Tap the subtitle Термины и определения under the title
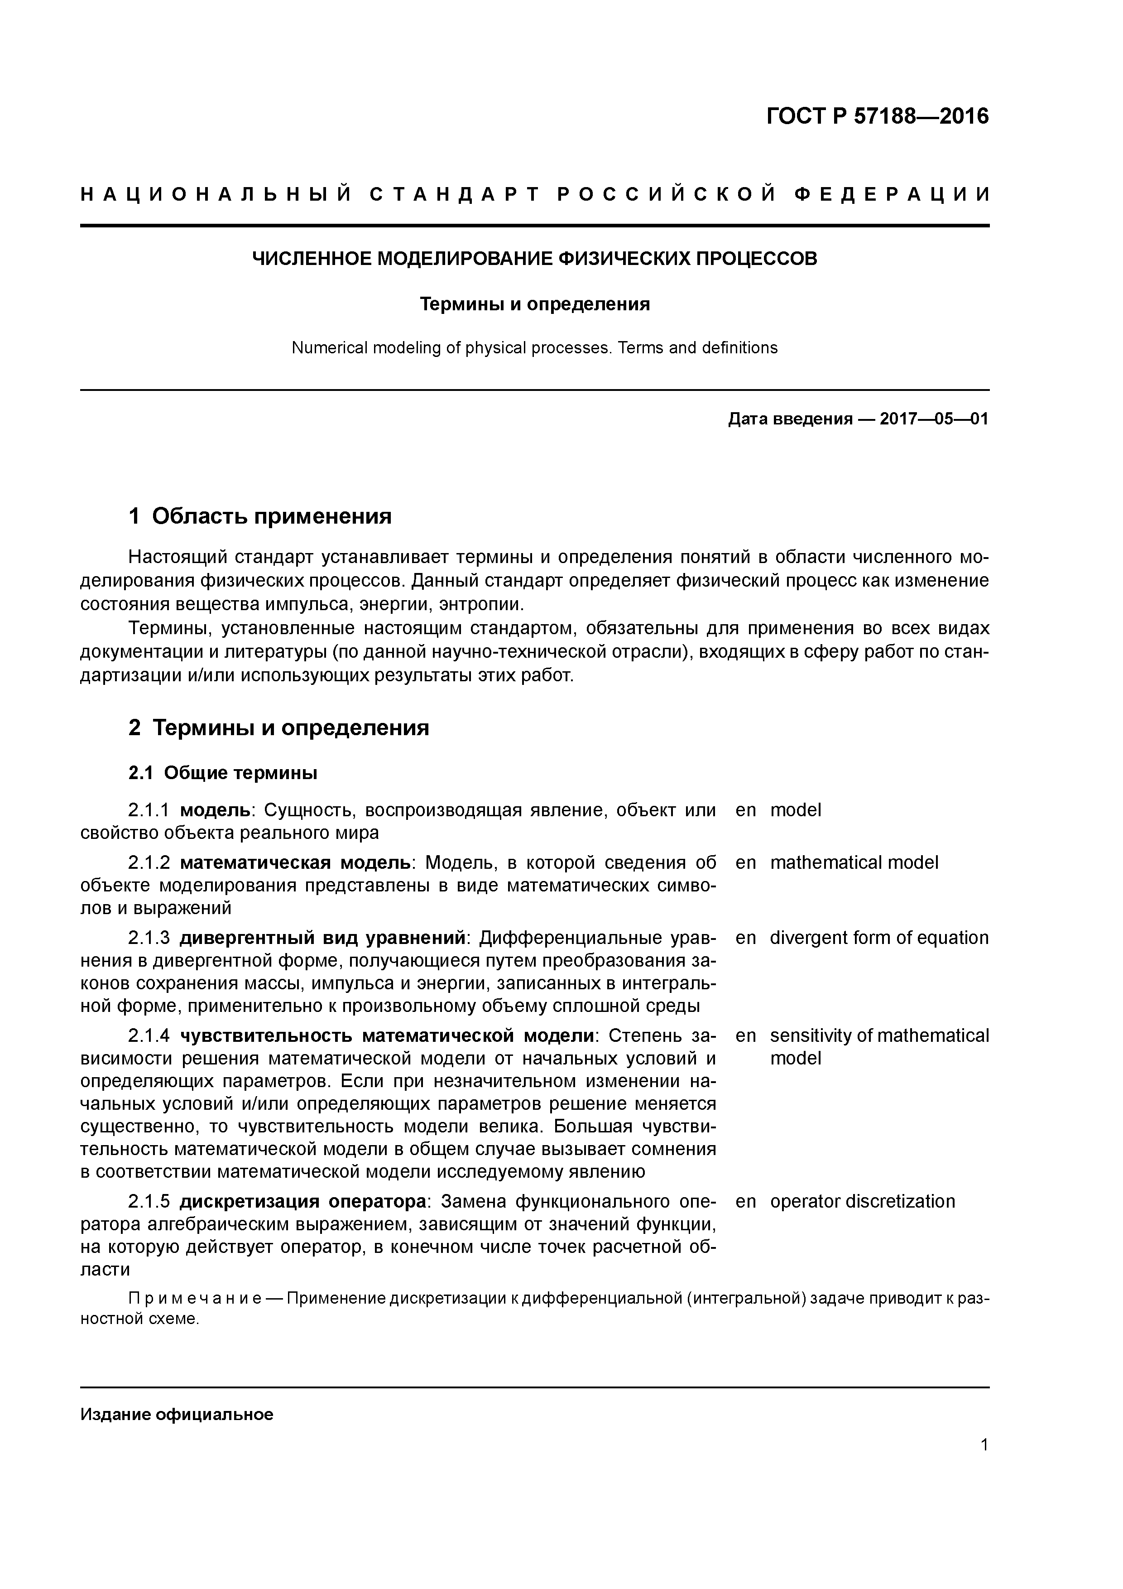pos(535,304)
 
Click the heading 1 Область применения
pos(260,516)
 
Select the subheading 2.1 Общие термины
pos(223,773)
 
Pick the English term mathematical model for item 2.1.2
pos(854,862)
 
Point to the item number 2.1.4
pos(149,1035)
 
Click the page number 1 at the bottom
pos(984,1464)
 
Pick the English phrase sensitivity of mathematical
pos(879,1035)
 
